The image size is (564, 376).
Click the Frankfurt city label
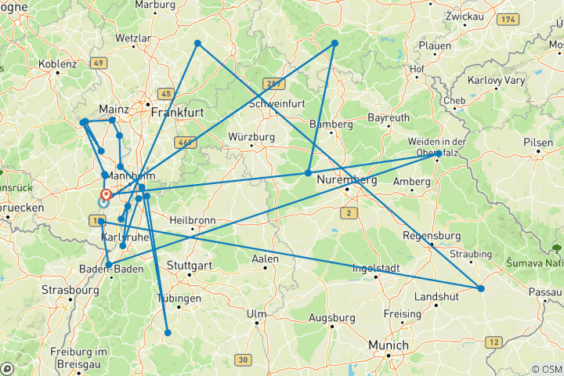click(178, 113)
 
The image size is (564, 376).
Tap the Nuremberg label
click(348, 181)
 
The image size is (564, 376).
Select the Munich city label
click(389, 345)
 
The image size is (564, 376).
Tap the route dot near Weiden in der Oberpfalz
click(439, 154)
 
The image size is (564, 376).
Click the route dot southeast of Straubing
click(481, 289)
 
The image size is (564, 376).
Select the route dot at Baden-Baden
click(108, 264)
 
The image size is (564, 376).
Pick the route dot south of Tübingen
click(168, 333)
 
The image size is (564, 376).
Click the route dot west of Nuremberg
click(309, 173)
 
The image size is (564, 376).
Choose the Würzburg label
click(251, 136)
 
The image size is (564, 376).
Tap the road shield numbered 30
click(244, 360)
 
